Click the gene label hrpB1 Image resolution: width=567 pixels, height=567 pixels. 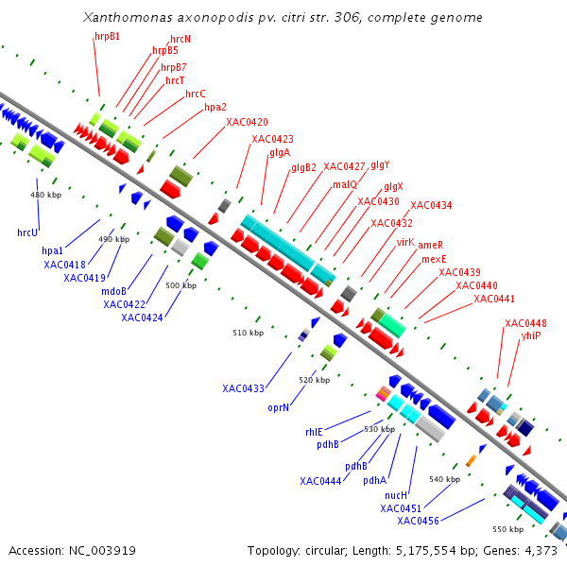[x=107, y=36]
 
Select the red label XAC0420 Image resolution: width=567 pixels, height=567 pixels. [x=247, y=123]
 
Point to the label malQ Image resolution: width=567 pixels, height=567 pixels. [x=345, y=184]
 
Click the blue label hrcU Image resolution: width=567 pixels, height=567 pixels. [x=27, y=232]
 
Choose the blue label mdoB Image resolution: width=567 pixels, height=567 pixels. [x=113, y=292]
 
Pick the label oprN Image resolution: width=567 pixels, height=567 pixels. [x=278, y=408]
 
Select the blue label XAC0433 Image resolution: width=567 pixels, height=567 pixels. [x=244, y=388]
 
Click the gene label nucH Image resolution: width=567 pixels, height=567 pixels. [x=396, y=495]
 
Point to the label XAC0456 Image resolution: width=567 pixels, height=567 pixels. [x=418, y=522]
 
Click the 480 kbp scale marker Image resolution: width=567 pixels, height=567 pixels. [x=46, y=195]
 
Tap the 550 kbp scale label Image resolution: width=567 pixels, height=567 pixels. [x=507, y=529]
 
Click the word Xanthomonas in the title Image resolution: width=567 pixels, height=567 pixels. [x=130, y=18]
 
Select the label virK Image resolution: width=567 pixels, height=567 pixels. [x=405, y=243]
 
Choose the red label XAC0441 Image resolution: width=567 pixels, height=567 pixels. [x=494, y=299]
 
